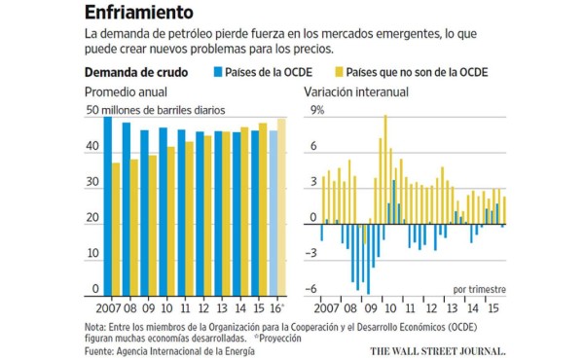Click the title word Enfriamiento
click(137, 13)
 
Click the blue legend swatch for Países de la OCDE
click(217, 73)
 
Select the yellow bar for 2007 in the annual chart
click(117, 229)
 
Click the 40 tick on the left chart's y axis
click(91, 147)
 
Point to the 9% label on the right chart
click(317, 111)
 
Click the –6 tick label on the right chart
click(313, 289)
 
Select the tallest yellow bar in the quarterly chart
click(385, 165)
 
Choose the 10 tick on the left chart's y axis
click(91, 254)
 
